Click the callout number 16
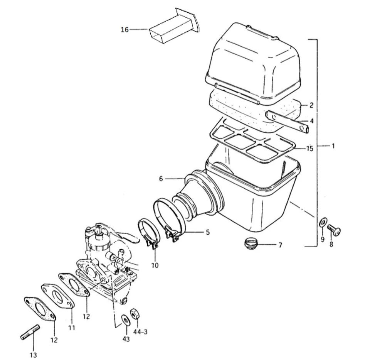tap(125, 30)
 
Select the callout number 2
tap(311, 105)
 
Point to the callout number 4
tap(312, 121)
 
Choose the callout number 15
tap(310, 149)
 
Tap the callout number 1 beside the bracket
tap(333, 146)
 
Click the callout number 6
tap(161, 179)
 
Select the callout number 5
tap(208, 232)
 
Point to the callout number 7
tap(280, 245)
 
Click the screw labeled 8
tap(334, 229)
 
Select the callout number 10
tap(155, 265)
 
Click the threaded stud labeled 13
tap(30, 332)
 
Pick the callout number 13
tap(33, 355)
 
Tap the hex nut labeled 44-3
tap(135, 313)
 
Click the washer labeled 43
tap(125, 321)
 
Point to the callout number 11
tap(72, 328)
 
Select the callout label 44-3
tap(140, 332)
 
